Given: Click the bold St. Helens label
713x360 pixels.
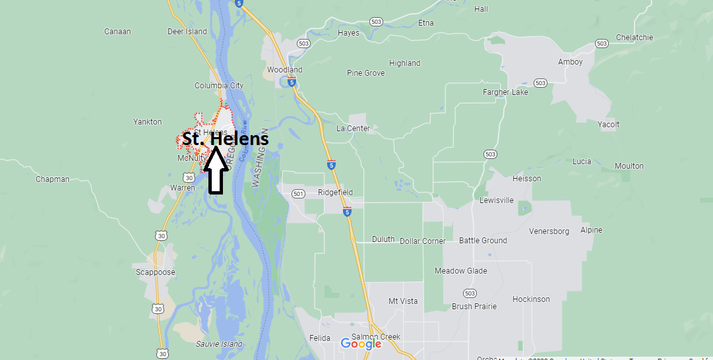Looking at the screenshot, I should click(x=226, y=139).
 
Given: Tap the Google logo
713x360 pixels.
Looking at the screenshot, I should click(x=361, y=343).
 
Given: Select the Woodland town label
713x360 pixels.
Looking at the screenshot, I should click(x=284, y=69).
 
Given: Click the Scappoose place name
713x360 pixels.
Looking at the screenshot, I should click(x=155, y=272).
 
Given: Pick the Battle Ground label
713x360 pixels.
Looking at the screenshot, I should click(x=483, y=241).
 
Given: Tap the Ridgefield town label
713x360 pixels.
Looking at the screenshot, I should click(x=335, y=193).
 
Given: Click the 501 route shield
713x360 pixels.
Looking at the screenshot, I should click(x=299, y=194).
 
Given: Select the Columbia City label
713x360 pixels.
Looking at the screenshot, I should click(x=219, y=86).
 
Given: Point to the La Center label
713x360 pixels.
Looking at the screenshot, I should click(x=353, y=128).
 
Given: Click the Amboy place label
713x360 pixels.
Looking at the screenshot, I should click(x=571, y=62).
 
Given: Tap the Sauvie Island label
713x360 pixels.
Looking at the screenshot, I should click(x=220, y=344).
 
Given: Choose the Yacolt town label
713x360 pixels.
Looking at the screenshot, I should click(x=608, y=124).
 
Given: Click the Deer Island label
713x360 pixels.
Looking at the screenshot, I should click(x=187, y=32).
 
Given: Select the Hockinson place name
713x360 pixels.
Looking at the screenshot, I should click(x=531, y=299).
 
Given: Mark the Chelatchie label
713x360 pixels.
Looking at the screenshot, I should click(x=634, y=38).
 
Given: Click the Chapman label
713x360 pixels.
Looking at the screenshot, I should click(x=52, y=179).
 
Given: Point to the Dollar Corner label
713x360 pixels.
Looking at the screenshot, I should click(x=423, y=241).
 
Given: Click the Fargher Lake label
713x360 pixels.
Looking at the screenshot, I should click(x=505, y=92).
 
